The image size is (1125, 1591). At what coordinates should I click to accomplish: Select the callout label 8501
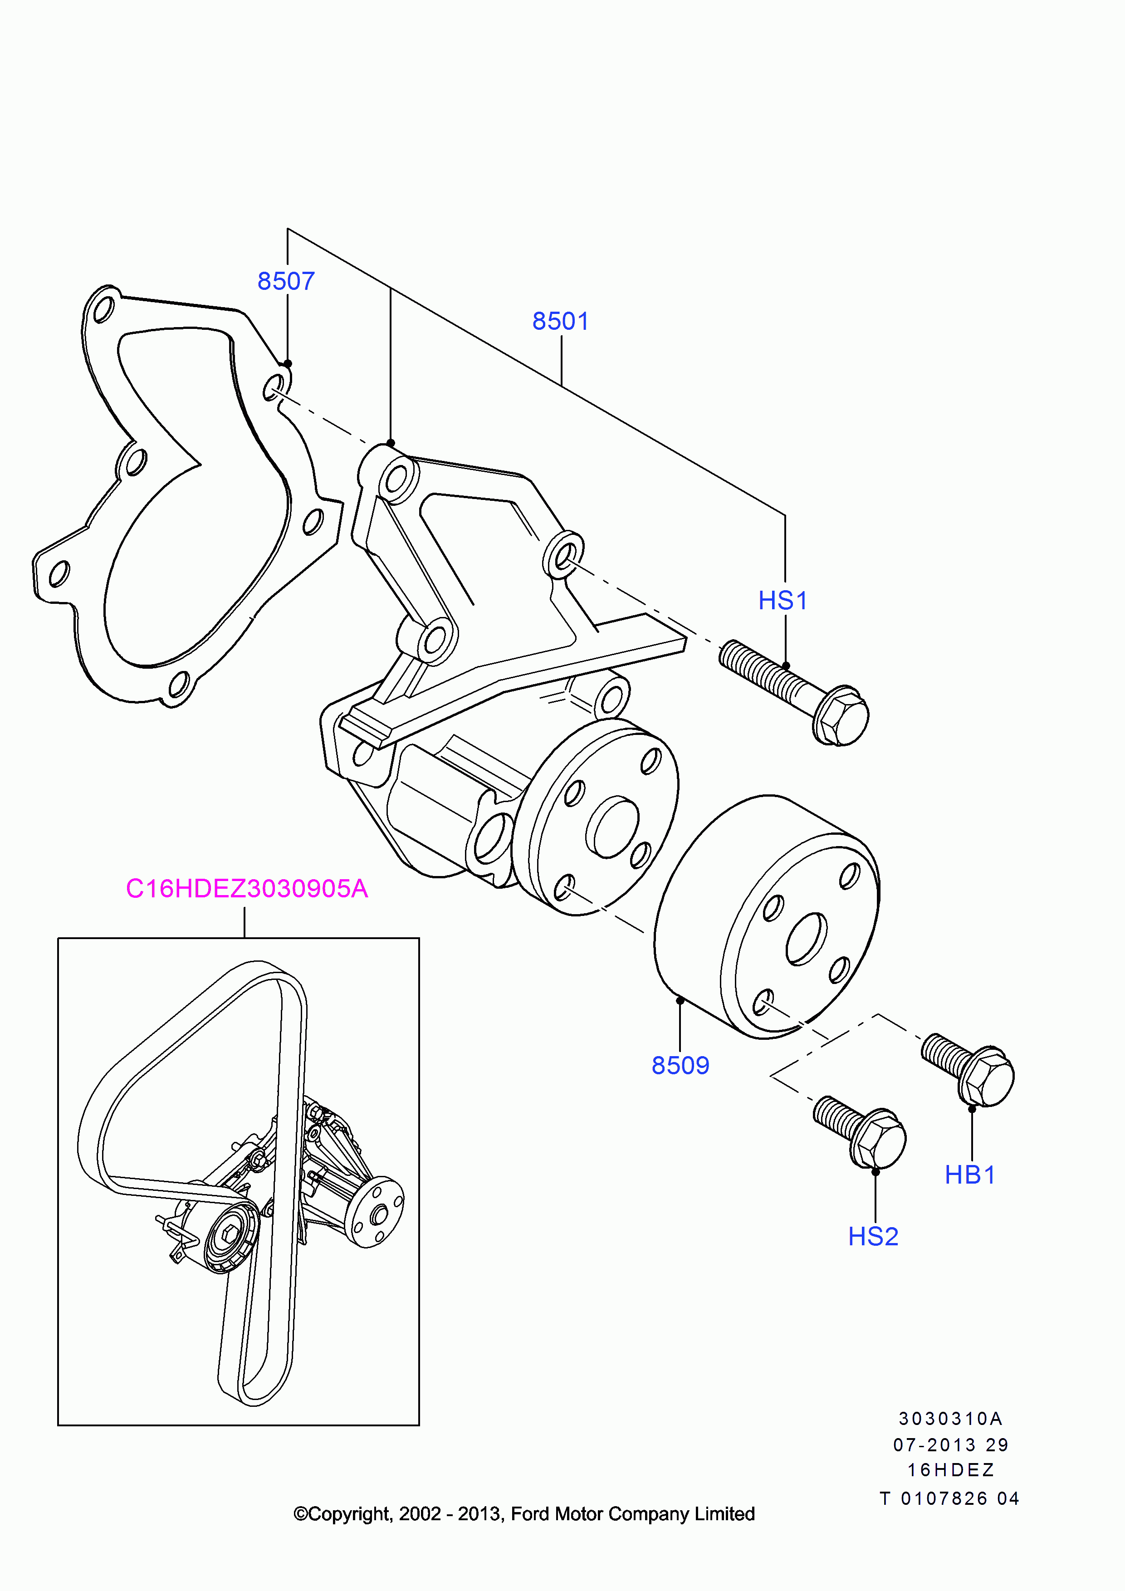[x=560, y=322]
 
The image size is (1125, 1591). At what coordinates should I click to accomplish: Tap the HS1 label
[x=783, y=601]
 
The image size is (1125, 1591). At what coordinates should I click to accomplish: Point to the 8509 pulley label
[x=680, y=1065]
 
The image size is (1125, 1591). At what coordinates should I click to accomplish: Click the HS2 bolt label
[x=873, y=1236]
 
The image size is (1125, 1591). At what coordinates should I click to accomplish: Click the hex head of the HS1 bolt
[x=843, y=717]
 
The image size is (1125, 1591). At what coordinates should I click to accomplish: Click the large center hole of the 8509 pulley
[x=807, y=939]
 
